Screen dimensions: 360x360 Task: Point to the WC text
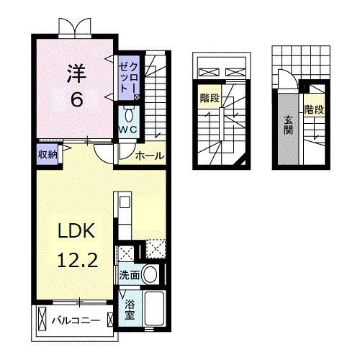(x=129, y=130)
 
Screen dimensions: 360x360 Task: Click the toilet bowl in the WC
(x=129, y=115)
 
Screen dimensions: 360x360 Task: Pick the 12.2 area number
(x=73, y=260)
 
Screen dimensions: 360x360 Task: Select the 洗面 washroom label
(x=130, y=275)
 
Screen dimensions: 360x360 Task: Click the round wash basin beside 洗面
(x=150, y=274)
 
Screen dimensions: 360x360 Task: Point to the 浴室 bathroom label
(x=130, y=310)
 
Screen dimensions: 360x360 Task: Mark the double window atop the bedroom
(x=75, y=27)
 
